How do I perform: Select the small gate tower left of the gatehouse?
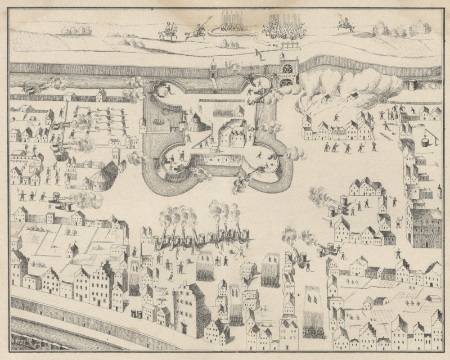(214, 70)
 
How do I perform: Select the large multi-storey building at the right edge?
(425, 225)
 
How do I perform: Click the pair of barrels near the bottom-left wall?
(136, 312)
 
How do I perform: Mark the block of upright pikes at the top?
(231, 21)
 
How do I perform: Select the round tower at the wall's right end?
(413, 84)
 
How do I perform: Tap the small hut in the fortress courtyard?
(239, 111)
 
